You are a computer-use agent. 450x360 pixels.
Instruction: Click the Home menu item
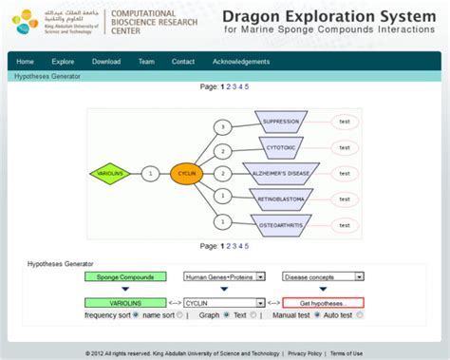click(25, 62)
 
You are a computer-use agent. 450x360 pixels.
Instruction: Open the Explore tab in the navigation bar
click(64, 62)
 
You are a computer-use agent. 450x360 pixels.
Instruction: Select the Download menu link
click(106, 62)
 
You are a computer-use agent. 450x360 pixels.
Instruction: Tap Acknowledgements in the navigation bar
click(240, 62)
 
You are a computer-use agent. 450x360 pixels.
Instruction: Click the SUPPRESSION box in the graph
click(281, 122)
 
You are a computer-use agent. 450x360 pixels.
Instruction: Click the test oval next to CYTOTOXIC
click(345, 147)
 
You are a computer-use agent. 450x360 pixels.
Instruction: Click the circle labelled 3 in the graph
click(222, 126)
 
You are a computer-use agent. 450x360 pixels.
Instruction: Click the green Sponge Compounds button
click(124, 277)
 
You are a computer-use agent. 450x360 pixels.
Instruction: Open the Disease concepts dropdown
click(323, 277)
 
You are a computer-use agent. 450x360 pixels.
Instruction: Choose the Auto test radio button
click(320, 314)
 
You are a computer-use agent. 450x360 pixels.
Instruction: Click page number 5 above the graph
click(246, 86)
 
